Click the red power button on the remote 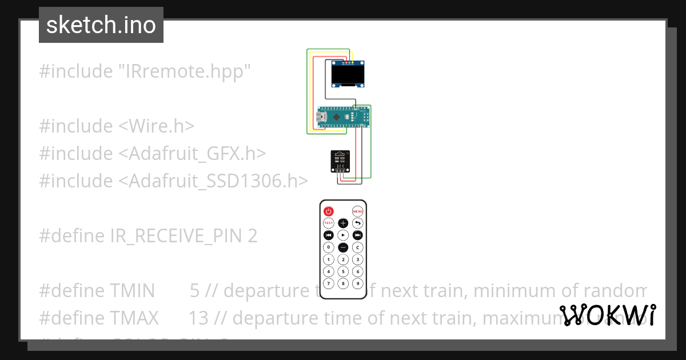329,211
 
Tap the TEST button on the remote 329,223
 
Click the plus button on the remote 343,223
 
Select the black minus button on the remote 343,247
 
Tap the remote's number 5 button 343,271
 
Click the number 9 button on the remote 357,283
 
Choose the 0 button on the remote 329,247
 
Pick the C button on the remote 357,247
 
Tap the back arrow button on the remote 357,223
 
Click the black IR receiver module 341,159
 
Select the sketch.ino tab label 101,25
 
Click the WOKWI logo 608,315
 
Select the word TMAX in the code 134,318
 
